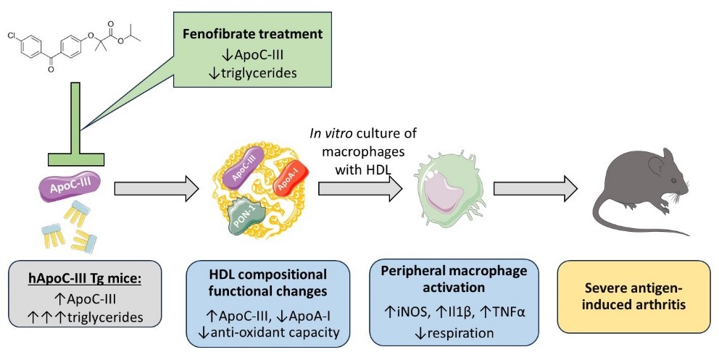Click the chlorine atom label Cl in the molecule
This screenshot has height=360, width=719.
13,34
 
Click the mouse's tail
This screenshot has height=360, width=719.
609,217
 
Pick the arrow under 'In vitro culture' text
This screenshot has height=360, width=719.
360,190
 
